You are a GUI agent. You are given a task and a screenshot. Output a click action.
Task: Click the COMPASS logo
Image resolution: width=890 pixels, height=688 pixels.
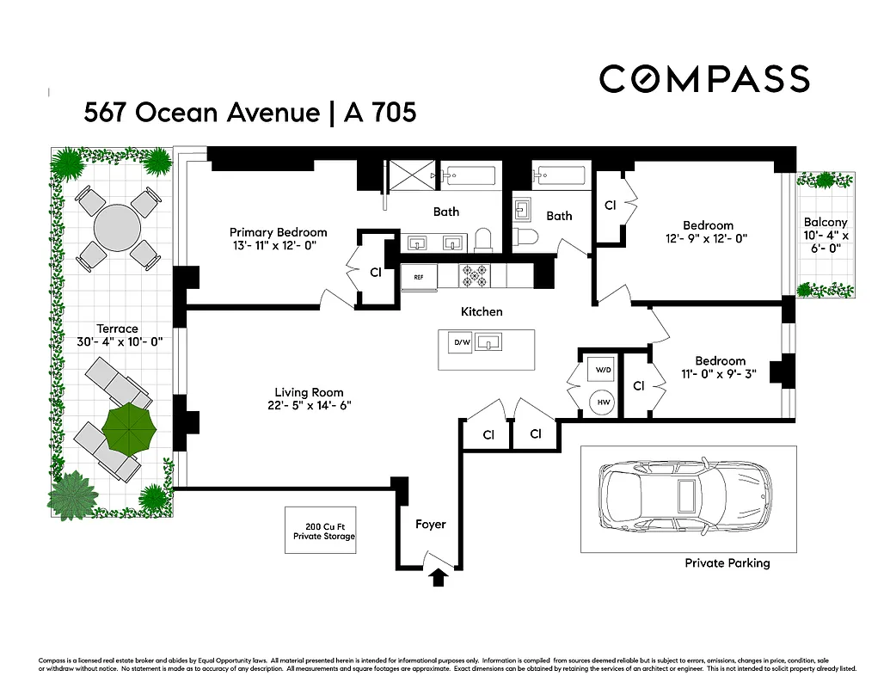pos(704,79)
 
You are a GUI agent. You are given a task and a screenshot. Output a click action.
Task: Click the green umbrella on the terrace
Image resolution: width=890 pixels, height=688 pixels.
pos(129,427)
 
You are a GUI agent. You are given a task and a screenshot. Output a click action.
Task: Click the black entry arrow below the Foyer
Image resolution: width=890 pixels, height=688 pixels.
pos(439,578)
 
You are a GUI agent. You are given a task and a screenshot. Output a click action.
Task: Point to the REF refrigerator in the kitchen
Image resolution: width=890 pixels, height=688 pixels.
pos(419,277)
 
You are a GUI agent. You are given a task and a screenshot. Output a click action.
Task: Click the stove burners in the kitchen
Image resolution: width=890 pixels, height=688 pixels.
pos(474,275)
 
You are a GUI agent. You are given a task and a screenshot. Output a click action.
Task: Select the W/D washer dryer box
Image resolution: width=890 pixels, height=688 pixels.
pos(599,371)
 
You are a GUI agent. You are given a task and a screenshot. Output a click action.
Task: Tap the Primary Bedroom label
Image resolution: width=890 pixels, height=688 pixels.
pos(278,232)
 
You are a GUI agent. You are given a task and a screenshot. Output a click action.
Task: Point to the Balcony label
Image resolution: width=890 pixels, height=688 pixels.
pos(826,222)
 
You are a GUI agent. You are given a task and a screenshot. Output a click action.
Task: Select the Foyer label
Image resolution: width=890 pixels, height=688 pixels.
pos(431,524)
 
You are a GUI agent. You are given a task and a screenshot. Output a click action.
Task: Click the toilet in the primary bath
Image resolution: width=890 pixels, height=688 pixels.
pos(483,238)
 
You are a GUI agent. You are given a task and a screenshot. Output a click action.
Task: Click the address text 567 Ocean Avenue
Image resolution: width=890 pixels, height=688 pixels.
pos(201,113)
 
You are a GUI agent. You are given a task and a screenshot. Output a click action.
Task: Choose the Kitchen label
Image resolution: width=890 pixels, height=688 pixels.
pos(482,311)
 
